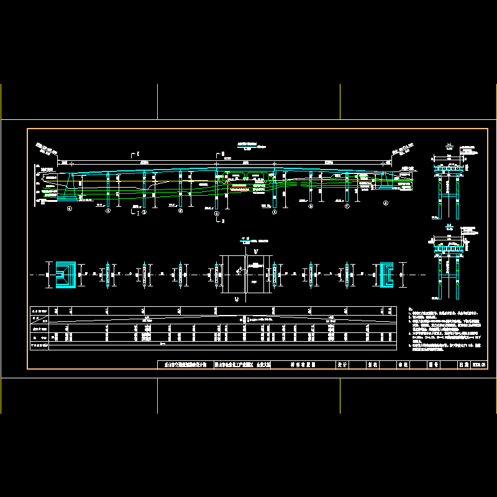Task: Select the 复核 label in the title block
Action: point(373,366)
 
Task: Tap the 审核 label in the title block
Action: point(401,366)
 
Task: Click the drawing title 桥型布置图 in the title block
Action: point(303,366)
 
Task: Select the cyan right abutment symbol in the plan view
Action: point(385,274)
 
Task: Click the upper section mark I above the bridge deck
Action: point(137,152)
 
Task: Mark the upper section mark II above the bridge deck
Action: point(218,152)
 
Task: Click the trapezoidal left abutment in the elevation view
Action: point(69,186)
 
